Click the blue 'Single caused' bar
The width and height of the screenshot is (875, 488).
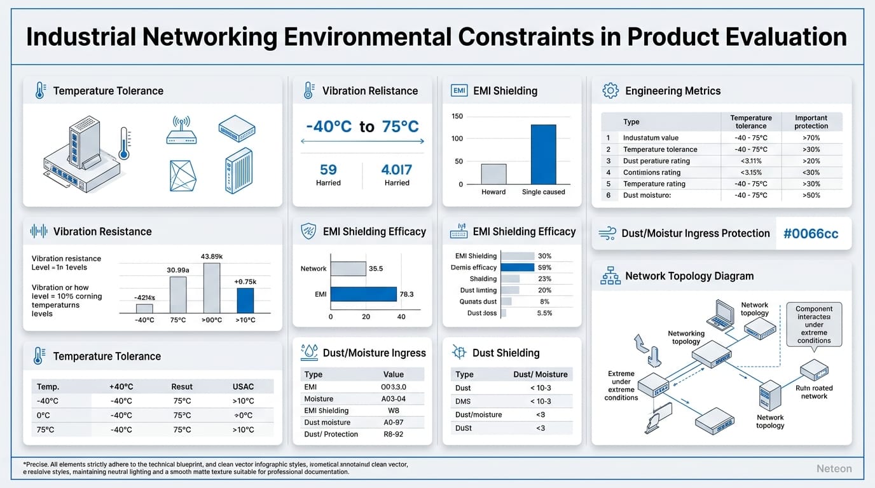pos(543,154)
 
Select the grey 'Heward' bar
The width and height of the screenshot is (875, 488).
pos(493,174)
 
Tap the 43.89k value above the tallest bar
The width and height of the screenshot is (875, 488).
pos(211,256)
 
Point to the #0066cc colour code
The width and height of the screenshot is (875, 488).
pos(811,233)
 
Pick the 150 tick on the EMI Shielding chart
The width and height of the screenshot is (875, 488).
pos(457,116)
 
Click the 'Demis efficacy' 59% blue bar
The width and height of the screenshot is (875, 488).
pos(518,268)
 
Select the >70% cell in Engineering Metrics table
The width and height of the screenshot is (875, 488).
pos(811,138)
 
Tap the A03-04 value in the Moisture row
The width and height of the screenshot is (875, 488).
pos(393,399)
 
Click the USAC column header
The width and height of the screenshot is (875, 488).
pos(243,386)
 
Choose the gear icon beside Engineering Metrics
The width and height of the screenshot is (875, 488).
pos(610,91)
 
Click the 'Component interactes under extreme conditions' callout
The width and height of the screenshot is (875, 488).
pos(814,325)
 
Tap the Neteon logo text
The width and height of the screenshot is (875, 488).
pos(834,469)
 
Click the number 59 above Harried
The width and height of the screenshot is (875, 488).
pos(328,170)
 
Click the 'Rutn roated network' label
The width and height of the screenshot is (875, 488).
pos(814,392)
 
